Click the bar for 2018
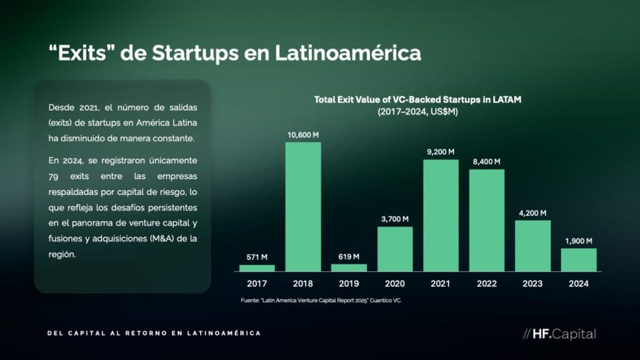click(x=303, y=206)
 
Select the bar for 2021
click(x=441, y=215)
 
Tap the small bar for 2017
click(x=257, y=268)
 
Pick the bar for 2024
click(x=579, y=259)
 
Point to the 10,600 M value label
click(x=303, y=135)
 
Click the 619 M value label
click(x=349, y=257)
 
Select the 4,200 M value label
click(x=532, y=213)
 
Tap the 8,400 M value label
click(x=486, y=162)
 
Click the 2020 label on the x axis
click(x=395, y=284)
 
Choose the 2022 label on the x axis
click(x=486, y=284)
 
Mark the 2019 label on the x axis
click(x=349, y=284)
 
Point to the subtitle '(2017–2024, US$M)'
click(x=417, y=112)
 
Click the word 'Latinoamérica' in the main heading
click(x=347, y=53)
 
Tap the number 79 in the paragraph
click(x=53, y=177)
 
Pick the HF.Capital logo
click(x=559, y=334)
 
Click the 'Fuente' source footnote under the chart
click(x=321, y=301)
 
